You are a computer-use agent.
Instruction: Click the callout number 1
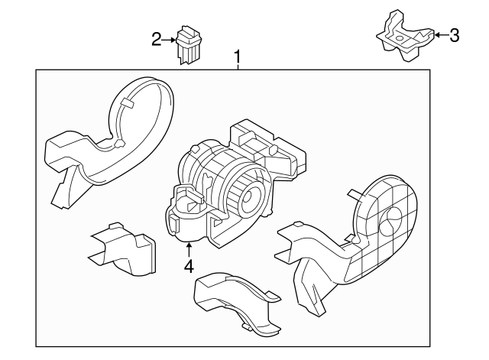tap(238, 57)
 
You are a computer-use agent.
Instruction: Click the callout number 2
tap(157, 39)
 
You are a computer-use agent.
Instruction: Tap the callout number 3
tap(454, 34)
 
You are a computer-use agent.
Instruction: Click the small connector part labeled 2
tap(187, 45)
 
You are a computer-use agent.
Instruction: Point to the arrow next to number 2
tap(170, 39)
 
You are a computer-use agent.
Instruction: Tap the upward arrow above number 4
tap(188, 248)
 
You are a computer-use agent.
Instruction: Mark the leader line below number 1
tap(238, 66)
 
